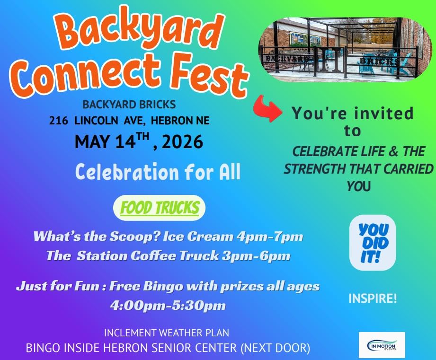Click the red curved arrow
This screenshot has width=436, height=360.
click(x=266, y=108)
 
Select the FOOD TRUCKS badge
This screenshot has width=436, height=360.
click(x=160, y=208)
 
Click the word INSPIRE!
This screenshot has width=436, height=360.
click(x=373, y=299)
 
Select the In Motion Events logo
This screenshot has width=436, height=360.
click(x=382, y=344)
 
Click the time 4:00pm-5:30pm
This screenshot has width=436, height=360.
click(x=168, y=305)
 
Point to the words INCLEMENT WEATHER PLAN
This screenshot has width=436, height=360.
click(x=167, y=333)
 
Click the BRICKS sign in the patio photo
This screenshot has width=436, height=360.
click(x=379, y=61)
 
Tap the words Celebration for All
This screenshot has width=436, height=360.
click(x=158, y=172)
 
